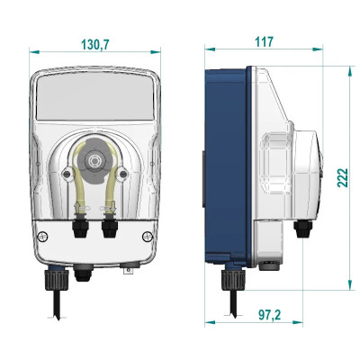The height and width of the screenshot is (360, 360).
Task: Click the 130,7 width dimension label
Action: (95, 44)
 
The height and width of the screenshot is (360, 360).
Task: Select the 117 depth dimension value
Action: (264, 41)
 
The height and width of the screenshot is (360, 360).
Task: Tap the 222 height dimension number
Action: (343, 178)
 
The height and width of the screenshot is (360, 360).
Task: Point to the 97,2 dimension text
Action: (269, 315)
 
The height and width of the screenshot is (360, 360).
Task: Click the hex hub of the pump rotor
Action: (94, 160)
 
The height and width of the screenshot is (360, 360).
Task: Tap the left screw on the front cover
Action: (43, 237)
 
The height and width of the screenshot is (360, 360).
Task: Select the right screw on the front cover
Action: (148, 237)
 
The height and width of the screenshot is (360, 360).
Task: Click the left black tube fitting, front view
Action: (80, 228)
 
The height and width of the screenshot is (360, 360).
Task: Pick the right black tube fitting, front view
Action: (109, 228)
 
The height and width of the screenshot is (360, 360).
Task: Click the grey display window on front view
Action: (94, 96)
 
